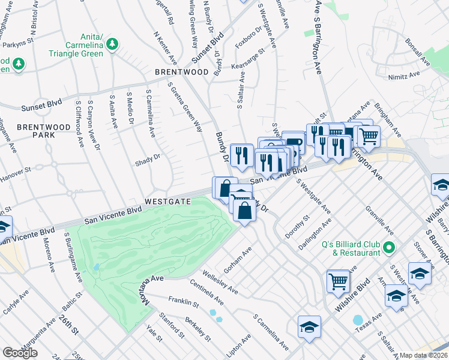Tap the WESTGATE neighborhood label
coord(168,202)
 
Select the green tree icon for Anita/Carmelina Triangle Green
coord(112,44)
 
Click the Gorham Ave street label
coord(236,258)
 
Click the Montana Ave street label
coord(146,290)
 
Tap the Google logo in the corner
coord(20,353)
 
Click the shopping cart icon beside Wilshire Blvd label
coord(339,280)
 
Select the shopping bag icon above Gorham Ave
coord(245,211)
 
